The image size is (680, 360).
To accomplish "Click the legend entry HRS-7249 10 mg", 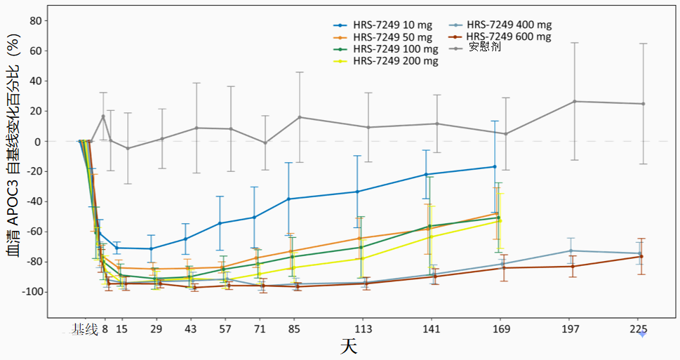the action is click(x=382, y=25).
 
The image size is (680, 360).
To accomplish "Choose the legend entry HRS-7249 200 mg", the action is click(x=385, y=61).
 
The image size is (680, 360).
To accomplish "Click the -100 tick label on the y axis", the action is click(x=30, y=292).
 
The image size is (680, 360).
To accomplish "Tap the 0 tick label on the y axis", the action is click(x=39, y=141).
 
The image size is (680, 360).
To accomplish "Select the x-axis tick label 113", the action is click(x=363, y=330).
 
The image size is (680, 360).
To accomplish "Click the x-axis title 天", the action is click(x=349, y=347).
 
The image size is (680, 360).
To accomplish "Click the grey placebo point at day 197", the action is click(x=575, y=102).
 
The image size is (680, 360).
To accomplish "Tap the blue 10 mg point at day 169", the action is click(x=495, y=166).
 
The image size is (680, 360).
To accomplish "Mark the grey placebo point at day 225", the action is click(x=643, y=104).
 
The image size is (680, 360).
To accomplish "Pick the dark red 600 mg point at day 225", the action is click(x=641, y=256).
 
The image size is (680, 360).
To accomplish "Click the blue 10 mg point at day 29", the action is click(x=152, y=248).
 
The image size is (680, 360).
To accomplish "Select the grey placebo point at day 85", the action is click(x=300, y=117).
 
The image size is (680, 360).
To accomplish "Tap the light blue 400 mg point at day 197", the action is click(x=571, y=251).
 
